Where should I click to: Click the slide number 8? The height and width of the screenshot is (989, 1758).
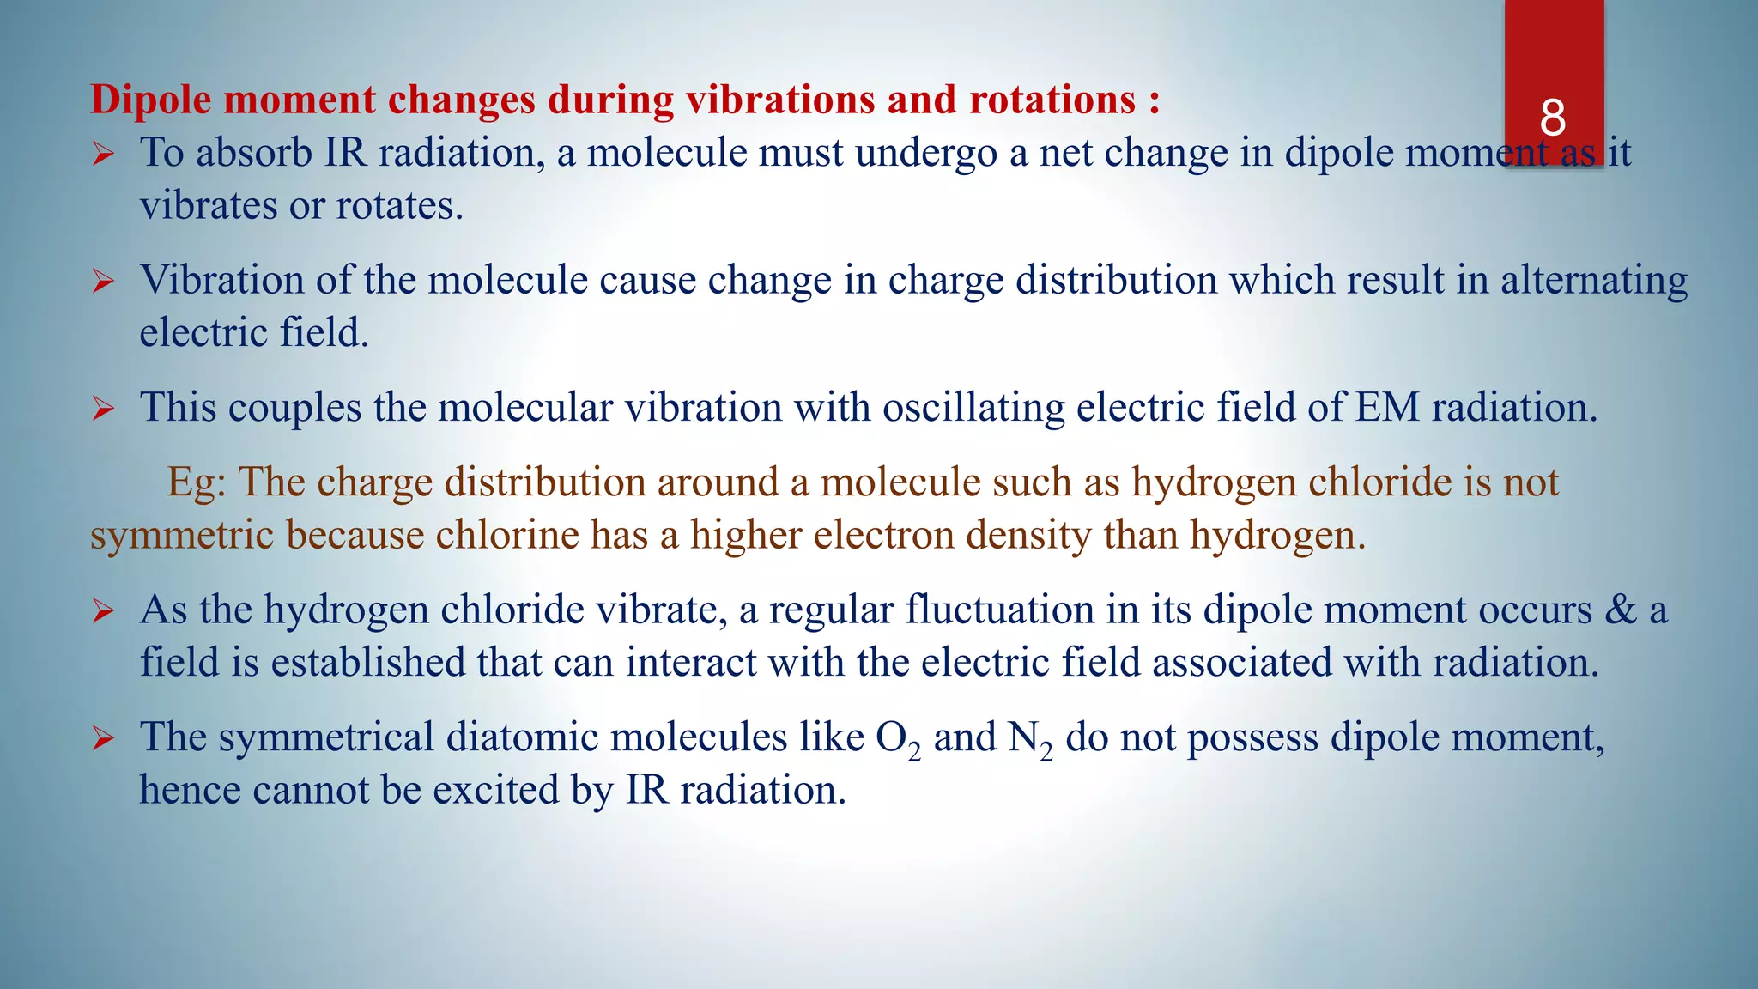[x=1553, y=118]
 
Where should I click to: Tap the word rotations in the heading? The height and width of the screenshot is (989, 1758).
[x=1052, y=100]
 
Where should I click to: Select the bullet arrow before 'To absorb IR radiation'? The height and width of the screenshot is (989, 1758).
[x=103, y=155]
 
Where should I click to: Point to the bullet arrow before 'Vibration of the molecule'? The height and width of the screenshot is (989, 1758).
[x=103, y=282]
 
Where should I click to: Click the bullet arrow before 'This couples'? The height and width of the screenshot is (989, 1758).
[x=103, y=409]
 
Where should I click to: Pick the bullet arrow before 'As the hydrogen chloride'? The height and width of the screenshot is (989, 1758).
[x=103, y=611]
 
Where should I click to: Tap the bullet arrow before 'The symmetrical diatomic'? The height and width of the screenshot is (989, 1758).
[x=103, y=738]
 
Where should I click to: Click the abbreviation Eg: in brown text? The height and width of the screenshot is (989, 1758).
[x=197, y=482]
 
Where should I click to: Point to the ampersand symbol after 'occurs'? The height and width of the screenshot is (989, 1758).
[x=1621, y=610]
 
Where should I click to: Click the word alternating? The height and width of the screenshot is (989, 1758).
[x=1594, y=282]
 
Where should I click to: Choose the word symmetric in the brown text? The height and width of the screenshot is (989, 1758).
[x=183, y=536]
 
